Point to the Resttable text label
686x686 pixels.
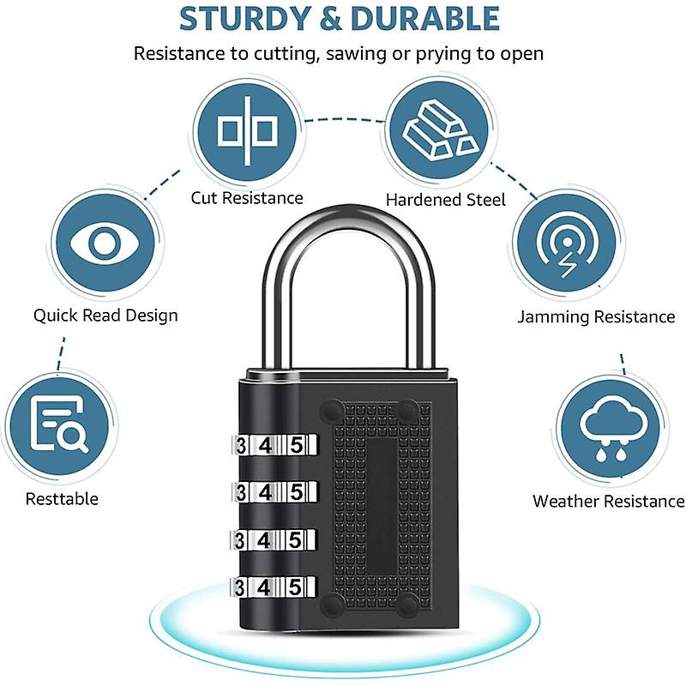click(62, 499)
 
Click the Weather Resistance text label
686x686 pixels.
click(608, 502)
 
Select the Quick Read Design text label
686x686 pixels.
click(105, 316)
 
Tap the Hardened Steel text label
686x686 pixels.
click(445, 200)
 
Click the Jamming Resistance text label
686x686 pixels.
click(596, 317)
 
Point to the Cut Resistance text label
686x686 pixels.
click(247, 198)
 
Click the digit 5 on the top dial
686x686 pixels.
click(297, 446)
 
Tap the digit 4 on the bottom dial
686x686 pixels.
click(268, 588)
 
